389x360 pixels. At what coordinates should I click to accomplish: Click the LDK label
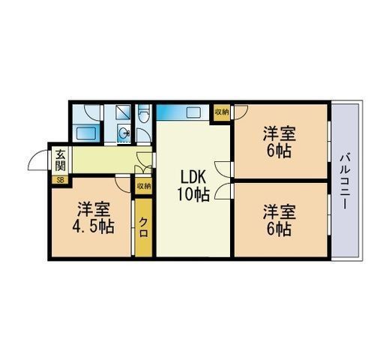pos(193,178)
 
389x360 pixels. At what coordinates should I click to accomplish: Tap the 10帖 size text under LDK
pos(193,194)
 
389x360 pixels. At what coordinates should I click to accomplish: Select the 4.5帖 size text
pos(93,226)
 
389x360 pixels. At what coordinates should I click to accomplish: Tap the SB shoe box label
pos(60,180)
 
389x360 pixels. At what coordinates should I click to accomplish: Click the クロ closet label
pos(143,227)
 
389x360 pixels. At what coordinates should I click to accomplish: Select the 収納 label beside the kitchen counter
pos(222,112)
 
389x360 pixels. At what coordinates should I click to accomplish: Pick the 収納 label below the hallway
pos(143,186)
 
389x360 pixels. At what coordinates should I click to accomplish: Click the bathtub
pos(86,133)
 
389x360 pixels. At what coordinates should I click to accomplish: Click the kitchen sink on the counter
pos(193,112)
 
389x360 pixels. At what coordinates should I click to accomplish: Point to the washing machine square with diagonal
pos(123,112)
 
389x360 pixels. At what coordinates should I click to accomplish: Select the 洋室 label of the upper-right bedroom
pos(279,134)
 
